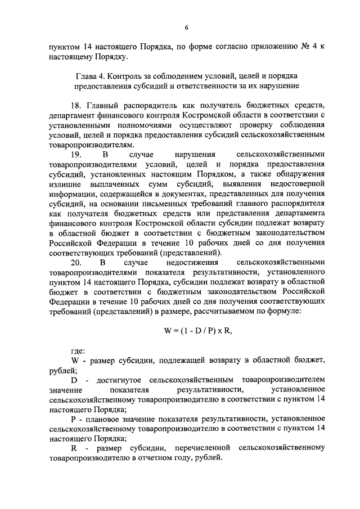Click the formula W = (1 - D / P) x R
click(x=197, y=331)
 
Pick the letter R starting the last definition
click(x=74, y=448)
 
